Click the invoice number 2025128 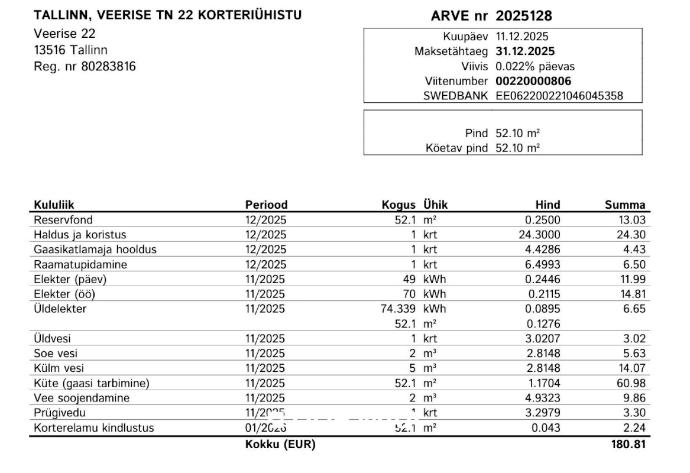click(x=523, y=16)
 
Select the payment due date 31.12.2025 click(x=525, y=51)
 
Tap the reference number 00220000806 click(x=533, y=81)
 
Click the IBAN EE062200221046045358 click(x=559, y=96)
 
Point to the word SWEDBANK click(x=455, y=96)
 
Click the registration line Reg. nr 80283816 click(x=85, y=66)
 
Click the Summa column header click(x=625, y=205)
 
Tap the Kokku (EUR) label click(x=280, y=445)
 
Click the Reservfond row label click(x=59, y=220)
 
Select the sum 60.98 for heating click(x=632, y=383)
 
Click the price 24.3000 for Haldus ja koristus click(x=540, y=235)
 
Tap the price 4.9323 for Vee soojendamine click(x=543, y=398)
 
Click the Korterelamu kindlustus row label click(x=93, y=428)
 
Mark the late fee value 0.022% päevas click(x=534, y=66)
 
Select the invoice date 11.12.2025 click(x=521, y=37)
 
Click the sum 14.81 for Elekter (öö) click(x=632, y=294)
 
